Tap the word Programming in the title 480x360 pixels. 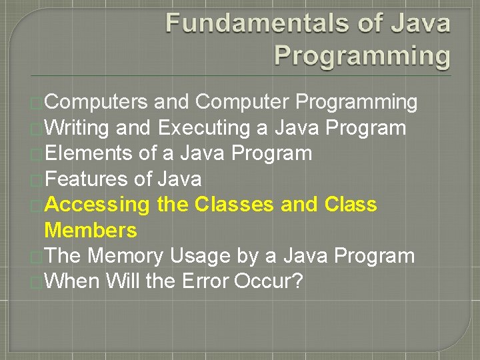pos(363,55)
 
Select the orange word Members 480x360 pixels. pos(91,231)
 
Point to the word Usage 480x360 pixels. pos(201,256)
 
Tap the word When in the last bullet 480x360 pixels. pos(71,281)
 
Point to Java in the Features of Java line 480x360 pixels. pos(179,179)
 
